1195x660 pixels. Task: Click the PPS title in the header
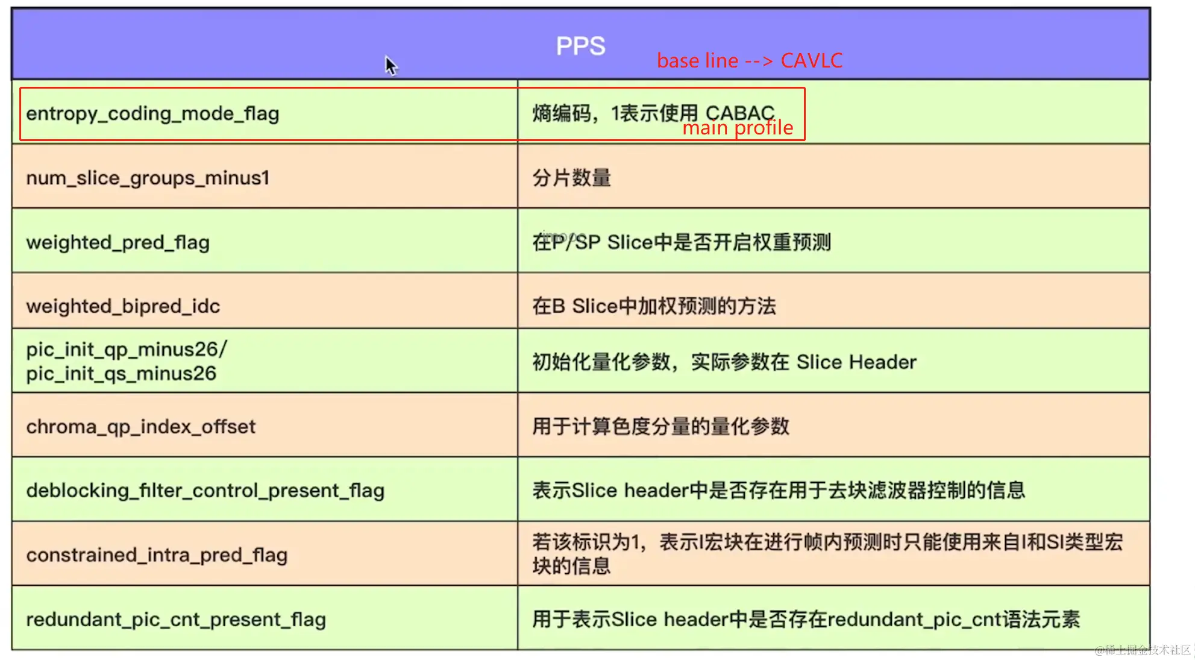580,46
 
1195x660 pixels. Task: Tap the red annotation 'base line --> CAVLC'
749,61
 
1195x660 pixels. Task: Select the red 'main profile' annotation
738,128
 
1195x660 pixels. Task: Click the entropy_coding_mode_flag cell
152,114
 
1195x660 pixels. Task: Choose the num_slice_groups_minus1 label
148,178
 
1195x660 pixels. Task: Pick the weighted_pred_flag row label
118,242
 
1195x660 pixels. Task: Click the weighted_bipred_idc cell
123,306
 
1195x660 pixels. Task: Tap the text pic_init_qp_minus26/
127,350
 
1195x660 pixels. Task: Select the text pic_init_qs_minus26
121,374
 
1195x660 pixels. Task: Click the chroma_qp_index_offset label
141,427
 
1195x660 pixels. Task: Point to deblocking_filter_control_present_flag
205,491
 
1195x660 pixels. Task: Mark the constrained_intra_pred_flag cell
157,555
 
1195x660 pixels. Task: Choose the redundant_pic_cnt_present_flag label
176,620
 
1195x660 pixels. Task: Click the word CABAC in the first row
740,113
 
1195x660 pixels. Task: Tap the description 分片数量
571,178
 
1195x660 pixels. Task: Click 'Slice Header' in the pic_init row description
856,362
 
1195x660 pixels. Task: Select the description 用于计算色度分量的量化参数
660,427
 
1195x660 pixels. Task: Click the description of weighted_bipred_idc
654,306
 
